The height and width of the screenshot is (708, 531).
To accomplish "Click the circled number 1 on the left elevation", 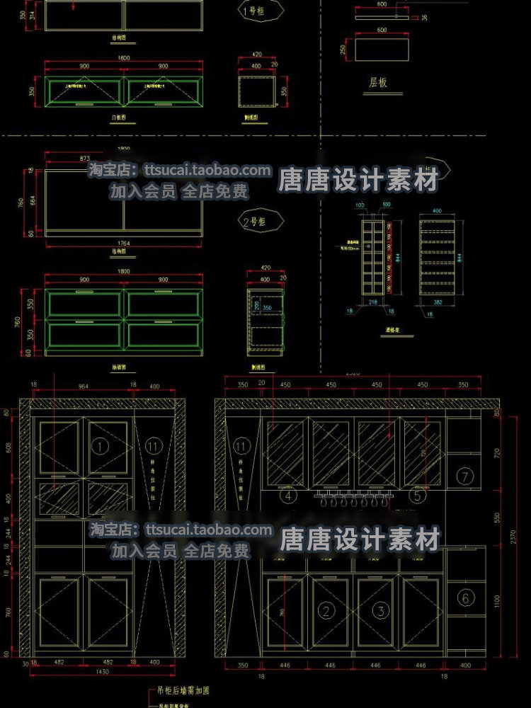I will pos(101,447).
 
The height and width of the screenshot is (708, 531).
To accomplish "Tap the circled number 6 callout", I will pos(465,598).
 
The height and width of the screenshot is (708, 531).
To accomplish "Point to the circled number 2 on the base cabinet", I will pos(326,610).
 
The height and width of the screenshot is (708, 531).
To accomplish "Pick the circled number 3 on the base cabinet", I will pos(380,610).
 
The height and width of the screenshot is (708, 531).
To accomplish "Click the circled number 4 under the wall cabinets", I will pos(288,496).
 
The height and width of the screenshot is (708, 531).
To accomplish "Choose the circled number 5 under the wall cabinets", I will pos(418,496).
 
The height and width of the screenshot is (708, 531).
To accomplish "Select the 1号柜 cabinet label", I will pos(253,11).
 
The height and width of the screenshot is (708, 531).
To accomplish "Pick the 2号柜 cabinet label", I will pos(253,221).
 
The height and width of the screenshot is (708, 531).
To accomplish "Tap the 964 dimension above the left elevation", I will pos(84,387).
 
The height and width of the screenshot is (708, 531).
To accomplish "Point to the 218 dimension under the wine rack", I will pos(375,302).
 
